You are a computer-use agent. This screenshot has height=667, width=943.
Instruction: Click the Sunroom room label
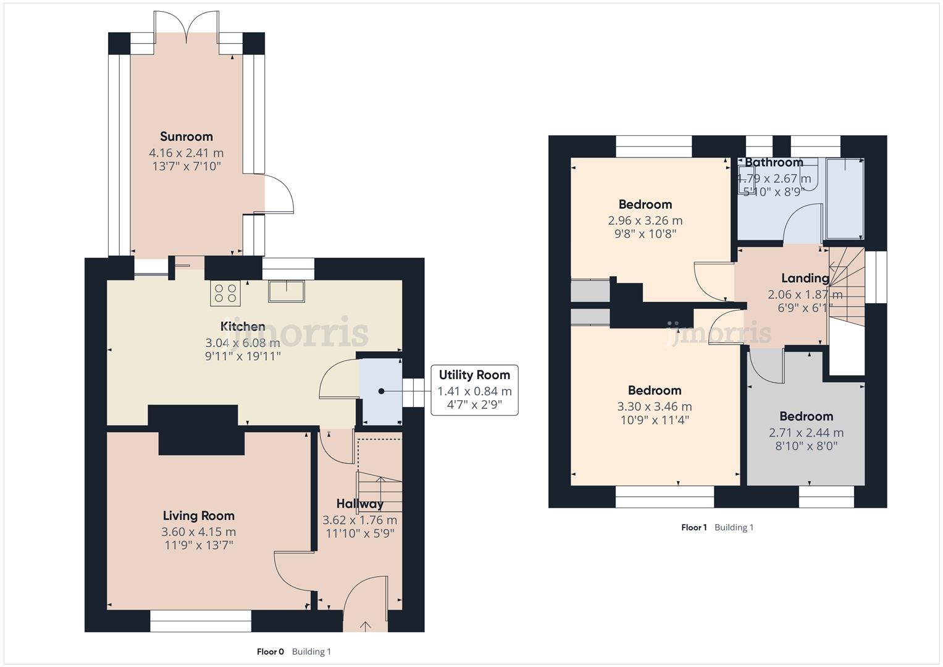pyautogui.click(x=186, y=136)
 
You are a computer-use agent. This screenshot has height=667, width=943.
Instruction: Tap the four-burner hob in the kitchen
pyautogui.click(x=225, y=293)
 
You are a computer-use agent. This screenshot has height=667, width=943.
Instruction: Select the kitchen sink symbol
pyautogui.click(x=287, y=292)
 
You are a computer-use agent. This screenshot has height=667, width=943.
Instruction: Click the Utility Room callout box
pyautogui.click(x=474, y=390)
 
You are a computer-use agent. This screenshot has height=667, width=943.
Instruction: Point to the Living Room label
pyautogui.click(x=198, y=516)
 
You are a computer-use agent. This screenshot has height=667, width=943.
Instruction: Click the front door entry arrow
pyautogui.click(x=365, y=626)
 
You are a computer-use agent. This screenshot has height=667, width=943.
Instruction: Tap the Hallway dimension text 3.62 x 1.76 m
pyautogui.click(x=359, y=520)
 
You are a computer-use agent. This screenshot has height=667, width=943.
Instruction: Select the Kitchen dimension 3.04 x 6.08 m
pyautogui.click(x=243, y=342)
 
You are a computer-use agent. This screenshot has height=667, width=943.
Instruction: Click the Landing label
pyautogui.click(x=805, y=278)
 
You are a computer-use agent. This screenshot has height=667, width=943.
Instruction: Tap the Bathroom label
pyautogui.click(x=773, y=162)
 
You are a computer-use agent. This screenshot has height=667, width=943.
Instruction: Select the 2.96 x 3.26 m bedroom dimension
pyautogui.click(x=645, y=220)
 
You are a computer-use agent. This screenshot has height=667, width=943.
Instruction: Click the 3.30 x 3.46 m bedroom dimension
pyautogui.click(x=654, y=406)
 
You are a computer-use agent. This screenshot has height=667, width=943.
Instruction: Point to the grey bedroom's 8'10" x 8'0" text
pyautogui.click(x=806, y=446)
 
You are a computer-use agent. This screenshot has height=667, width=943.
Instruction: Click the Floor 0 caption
pyautogui.click(x=270, y=652)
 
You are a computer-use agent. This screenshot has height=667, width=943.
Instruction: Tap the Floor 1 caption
pyautogui.click(x=694, y=527)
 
